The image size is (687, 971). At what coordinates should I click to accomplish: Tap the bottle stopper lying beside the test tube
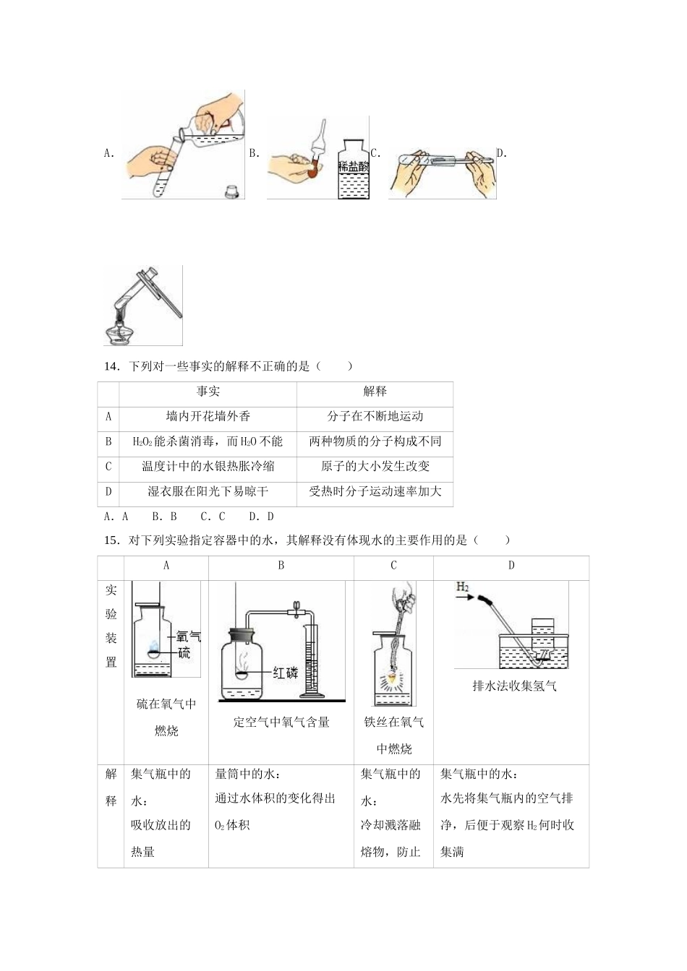click(x=232, y=191)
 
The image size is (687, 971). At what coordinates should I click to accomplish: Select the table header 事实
click(x=208, y=391)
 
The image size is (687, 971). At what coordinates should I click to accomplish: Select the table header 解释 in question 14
click(x=375, y=391)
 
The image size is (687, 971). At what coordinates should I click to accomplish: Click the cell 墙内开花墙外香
click(x=208, y=416)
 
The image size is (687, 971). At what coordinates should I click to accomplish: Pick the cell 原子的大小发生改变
click(x=375, y=466)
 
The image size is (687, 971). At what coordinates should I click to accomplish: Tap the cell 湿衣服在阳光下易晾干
click(x=208, y=491)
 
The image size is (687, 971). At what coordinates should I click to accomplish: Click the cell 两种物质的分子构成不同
click(x=375, y=441)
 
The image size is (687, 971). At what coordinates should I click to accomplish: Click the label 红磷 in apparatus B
click(x=285, y=673)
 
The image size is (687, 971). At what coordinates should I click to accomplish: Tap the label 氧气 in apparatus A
click(x=188, y=636)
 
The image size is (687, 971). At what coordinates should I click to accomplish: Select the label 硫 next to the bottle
click(x=184, y=652)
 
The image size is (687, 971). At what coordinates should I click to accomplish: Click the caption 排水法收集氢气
click(x=514, y=686)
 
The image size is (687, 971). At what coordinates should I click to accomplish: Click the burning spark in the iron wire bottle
click(x=393, y=678)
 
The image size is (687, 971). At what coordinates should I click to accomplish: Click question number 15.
click(x=111, y=540)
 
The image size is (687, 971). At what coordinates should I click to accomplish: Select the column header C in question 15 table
click(x=393, y=566)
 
